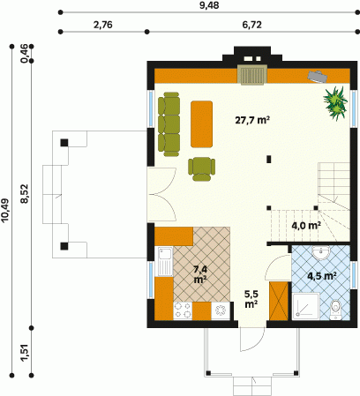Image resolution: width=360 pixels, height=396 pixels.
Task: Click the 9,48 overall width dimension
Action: (209, 5)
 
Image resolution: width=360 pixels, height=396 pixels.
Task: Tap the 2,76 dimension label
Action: (103, 25)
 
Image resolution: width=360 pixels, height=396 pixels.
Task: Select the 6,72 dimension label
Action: (252, 25)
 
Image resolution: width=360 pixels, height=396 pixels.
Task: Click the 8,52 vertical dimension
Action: (24, 193)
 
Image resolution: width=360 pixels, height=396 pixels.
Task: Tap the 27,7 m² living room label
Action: (252, 120)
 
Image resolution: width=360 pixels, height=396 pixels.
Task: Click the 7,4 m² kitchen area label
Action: (200, 274)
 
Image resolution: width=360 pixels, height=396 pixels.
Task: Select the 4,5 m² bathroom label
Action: (322, 276)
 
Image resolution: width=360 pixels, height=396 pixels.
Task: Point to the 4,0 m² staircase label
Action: (306, 226)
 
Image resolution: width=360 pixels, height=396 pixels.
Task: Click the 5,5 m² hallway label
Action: (251, 299)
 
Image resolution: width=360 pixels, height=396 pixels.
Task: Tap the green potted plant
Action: (335, 103)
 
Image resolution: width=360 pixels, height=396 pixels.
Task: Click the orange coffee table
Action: (201, 124)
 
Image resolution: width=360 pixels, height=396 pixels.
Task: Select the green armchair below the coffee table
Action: (202, 169)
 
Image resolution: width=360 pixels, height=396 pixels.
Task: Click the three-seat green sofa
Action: (169, 124)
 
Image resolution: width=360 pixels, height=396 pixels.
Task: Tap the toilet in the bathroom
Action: (335, 310)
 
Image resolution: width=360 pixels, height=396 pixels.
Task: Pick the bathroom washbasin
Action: (321, 253)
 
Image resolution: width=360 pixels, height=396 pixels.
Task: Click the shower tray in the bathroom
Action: (306, 306)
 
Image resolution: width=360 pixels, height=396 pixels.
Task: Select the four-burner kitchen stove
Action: (183, 310)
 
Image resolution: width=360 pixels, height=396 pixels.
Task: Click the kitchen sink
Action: (165, 262)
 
